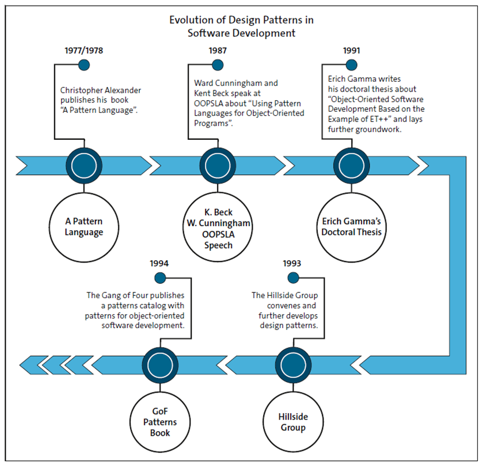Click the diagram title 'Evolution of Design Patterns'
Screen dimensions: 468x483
(x=241, y=20)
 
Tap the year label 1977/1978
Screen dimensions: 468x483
(x=84, y=51)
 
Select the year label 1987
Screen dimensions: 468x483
(x=218, y=51)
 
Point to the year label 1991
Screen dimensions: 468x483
(x=352, y=51)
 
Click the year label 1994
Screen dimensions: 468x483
(x=159, y=264)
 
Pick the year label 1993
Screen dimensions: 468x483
(x=292, y=264)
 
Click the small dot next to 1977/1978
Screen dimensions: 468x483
(x=84, y=65)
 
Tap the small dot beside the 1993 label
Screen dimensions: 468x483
(x=292, y=278)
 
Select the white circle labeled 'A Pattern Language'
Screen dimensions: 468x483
(x=84, y=227)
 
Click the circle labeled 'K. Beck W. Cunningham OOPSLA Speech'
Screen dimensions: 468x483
(x=218, y=227)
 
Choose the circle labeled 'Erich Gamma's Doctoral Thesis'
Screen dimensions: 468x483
(x=352, y=227)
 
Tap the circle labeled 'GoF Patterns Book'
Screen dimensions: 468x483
(x=159, y=422)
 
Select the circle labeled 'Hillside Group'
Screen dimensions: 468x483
(x=292, y=422)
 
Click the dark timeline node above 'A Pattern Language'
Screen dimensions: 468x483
(x=84, y=165)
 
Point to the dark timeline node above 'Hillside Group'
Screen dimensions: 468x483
(x=292, y=364)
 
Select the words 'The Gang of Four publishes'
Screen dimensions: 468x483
(x=135, y=295)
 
